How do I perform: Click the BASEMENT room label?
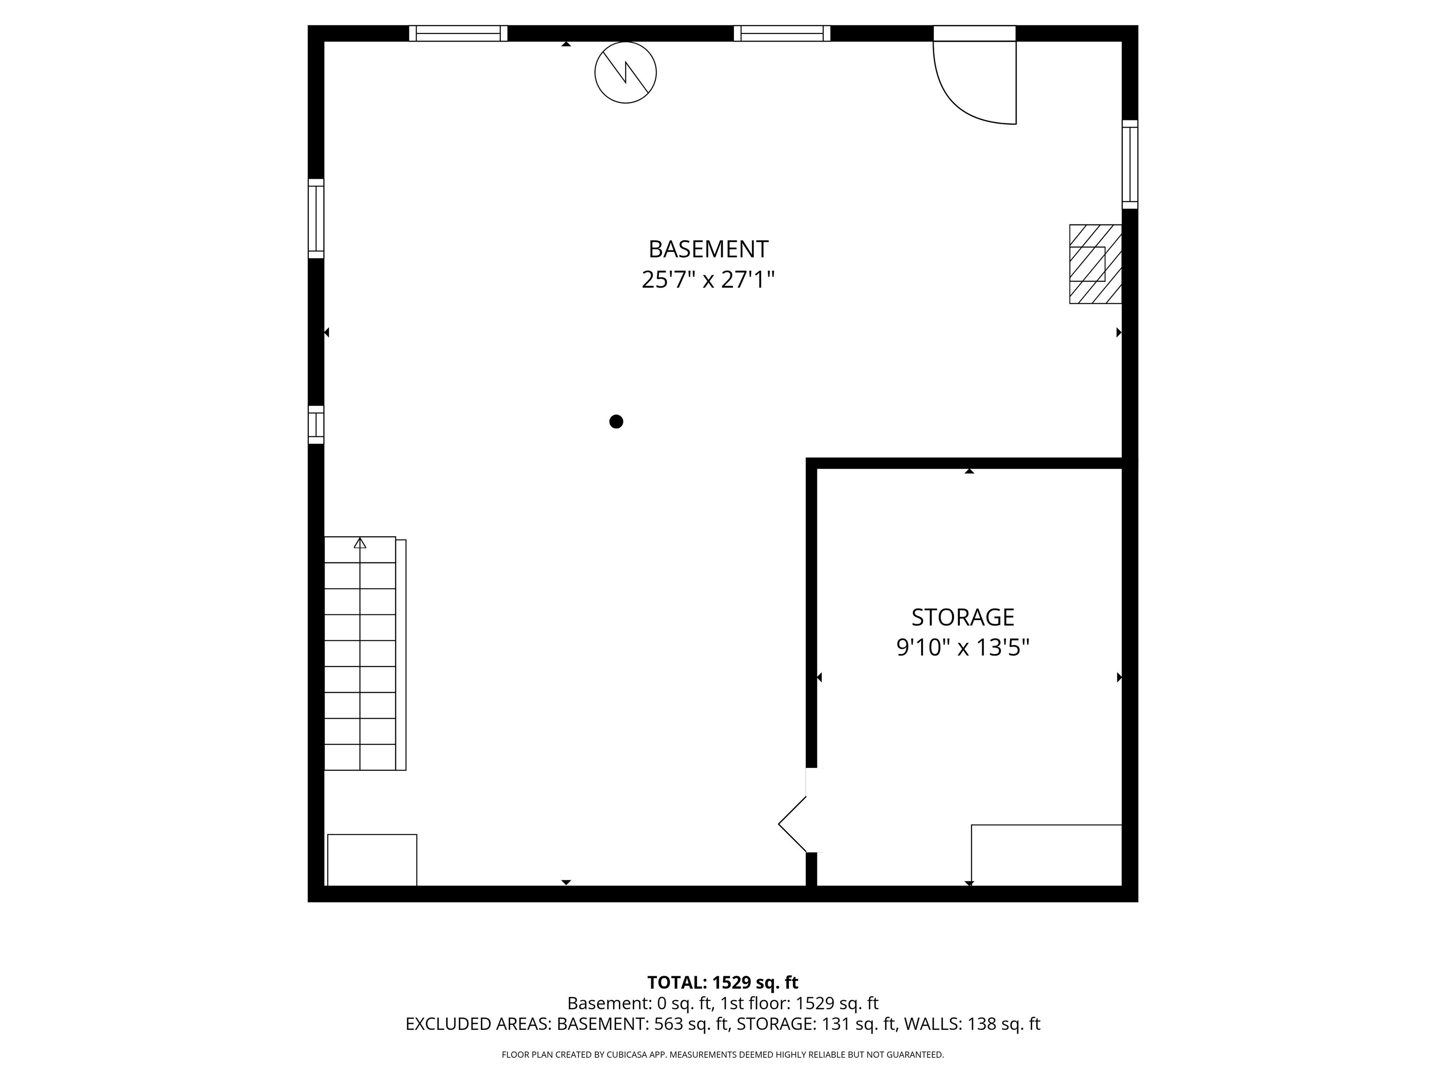tap(708, 249)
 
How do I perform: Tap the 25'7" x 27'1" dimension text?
tap(708, 279)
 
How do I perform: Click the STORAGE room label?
tap(963, 617)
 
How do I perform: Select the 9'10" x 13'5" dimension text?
tap(963, 647)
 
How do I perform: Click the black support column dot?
tap(616, 422)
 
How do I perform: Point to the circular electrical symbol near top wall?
tap(626, 72)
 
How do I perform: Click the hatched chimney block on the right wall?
tap(1095, 264)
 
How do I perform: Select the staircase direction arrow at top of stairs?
tap(360, 543)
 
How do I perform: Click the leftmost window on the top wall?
tap(458, 33)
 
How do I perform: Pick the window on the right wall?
tap(1130, 164)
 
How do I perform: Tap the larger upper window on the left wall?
tap(316, 218)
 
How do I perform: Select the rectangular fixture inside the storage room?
tap(1046, 855)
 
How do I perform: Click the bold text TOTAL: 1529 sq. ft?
tap(723, 982)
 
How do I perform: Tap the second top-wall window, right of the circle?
tap(782, 33)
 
